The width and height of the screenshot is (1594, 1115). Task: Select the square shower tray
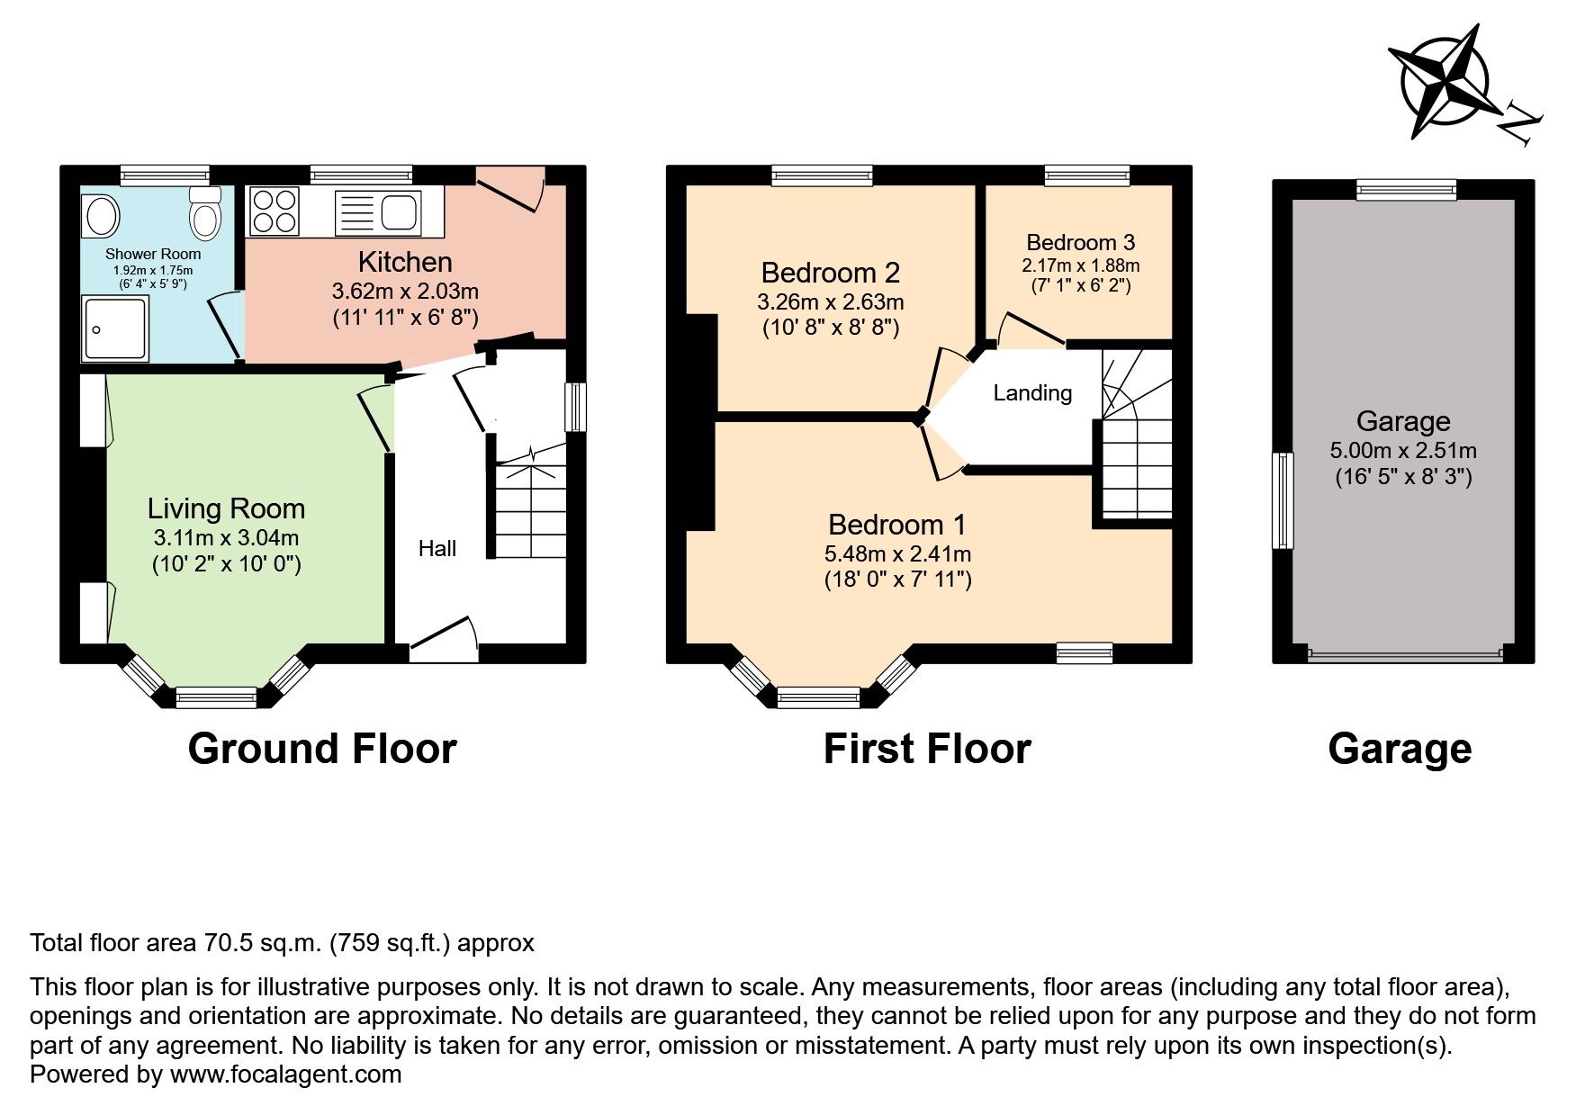pyautogui.click(x=114, y=328)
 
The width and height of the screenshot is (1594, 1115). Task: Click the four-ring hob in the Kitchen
pyautogui.click(x=274, y=211)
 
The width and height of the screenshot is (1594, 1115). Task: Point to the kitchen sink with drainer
pyautogui.click(x=378, y=212)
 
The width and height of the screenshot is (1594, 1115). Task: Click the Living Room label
pyautogui.click(x=226, y=508)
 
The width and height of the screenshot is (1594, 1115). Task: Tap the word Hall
pyautogui.click(x=437, y=549)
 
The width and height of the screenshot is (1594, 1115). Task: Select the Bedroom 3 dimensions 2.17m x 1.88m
pyautogui.click(x=1080, y=265)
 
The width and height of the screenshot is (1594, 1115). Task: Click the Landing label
pyautogui.click(x=1032, y=392)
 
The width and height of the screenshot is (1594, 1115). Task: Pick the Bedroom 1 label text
pyautogui.click(x=896, y=525)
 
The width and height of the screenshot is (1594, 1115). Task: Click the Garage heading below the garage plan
pyautogui.click(x=1399, y=749)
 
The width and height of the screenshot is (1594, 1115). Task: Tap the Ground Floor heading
pyautogui.click(x=322, y=749)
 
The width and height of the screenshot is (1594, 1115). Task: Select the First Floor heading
pyautogui.click(x=926, y=749)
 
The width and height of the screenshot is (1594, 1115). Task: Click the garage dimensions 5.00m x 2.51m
pyautogui.click(x=1402, y=451)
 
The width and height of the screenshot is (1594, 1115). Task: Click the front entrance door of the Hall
pyautogui.click(x=443, y=636)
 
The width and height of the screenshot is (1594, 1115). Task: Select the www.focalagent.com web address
pyautogui.click(x=285, y=1075)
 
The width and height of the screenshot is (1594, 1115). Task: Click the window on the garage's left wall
pyautogui.click(x=1282, y=500)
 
